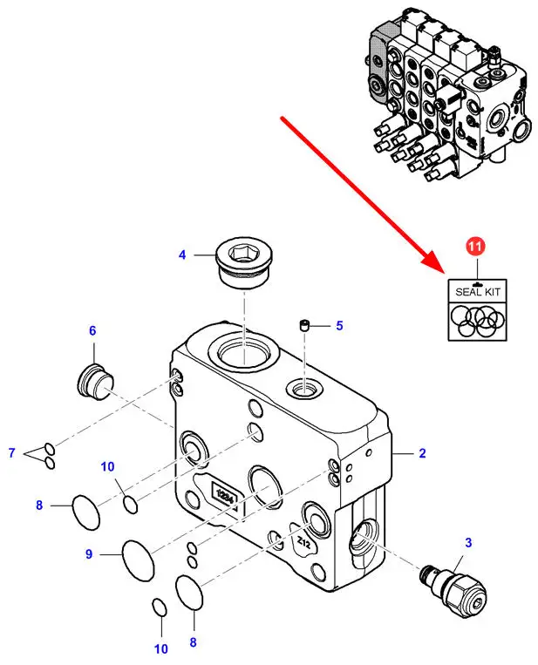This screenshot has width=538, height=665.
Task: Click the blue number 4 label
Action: tap(182, 255)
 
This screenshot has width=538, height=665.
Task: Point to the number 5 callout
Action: tap(340, 326)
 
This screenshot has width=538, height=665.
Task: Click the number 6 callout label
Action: tap(92, 330)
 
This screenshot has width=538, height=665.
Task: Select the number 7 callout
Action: tap(12, 452)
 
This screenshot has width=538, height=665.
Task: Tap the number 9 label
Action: tap(88, 553)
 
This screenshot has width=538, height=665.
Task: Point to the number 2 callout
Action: tap(422, 453)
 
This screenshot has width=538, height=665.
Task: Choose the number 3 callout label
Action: tap(468, 543)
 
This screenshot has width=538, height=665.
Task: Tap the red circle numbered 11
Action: tap(473, 247)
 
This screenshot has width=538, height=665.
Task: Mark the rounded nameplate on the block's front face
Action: tap(221, 492)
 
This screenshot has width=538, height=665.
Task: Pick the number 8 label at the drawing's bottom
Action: tap(193, 643)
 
